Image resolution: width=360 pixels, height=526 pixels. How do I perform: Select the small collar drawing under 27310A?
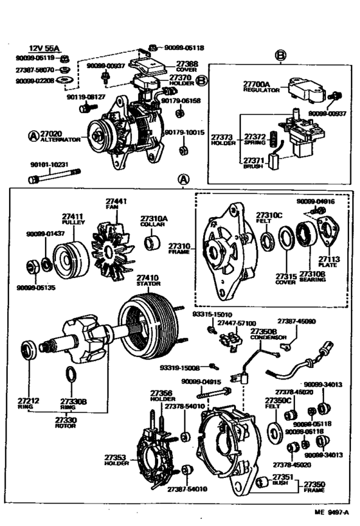pos(154,245)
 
